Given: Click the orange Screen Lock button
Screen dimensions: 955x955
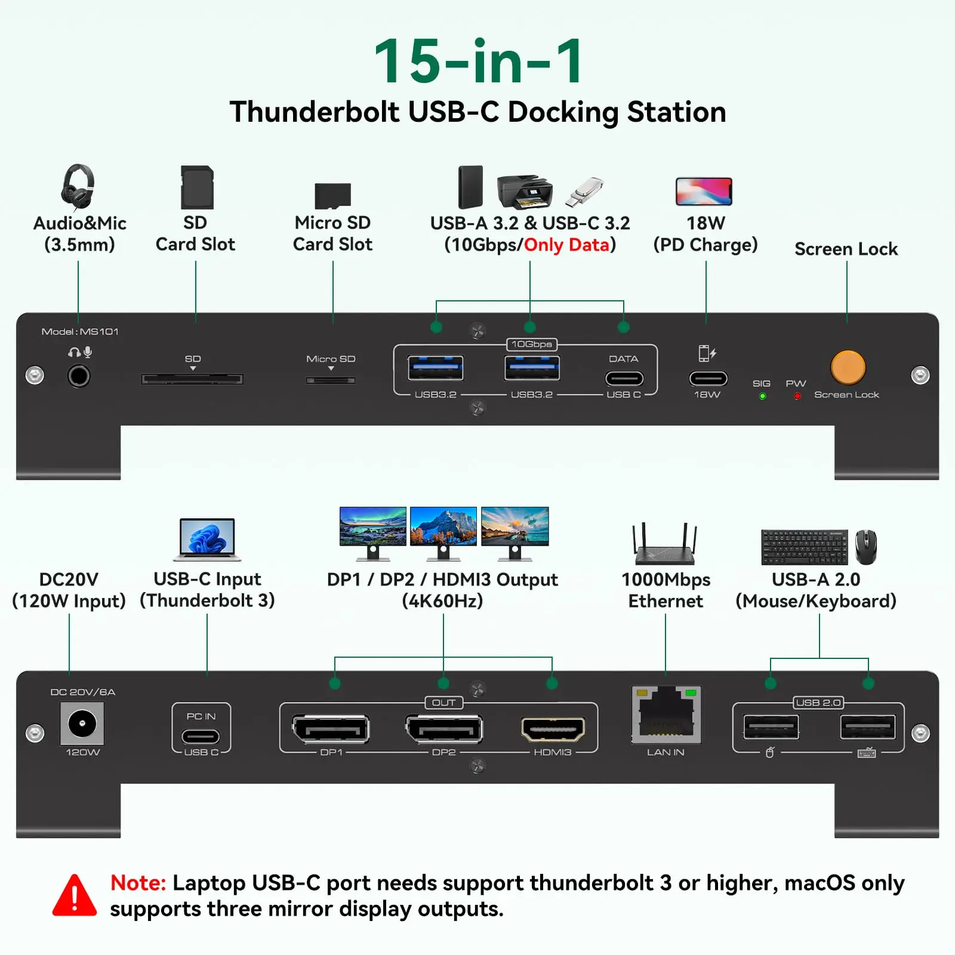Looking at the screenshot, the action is (848, 366).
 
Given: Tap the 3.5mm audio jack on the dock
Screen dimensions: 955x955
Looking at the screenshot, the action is (79, 376).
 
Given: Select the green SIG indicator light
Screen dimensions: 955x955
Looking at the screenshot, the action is (762, 396).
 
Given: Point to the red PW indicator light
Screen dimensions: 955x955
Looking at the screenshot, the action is (797, 396).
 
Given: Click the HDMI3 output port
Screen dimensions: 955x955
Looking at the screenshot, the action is (553, 729).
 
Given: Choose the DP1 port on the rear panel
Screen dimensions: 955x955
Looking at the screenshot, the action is (331, 729).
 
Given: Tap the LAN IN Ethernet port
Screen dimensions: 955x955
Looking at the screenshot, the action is (666, 714).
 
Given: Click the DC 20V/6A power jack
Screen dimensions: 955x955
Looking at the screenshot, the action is (82, 724).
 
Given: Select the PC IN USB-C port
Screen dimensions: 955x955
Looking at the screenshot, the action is (201, 737).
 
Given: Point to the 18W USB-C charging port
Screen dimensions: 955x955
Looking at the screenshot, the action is (708, 378).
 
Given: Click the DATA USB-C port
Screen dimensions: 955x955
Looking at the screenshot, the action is (624, 378).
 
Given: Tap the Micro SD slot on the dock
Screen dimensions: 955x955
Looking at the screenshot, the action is (331, 380).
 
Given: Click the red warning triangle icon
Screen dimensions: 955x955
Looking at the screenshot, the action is (75, 896).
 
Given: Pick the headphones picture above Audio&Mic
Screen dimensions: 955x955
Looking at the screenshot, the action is (78, 187).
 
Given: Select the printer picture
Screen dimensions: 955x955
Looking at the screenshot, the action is (525, 192).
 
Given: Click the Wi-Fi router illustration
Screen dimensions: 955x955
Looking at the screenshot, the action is (665, 544).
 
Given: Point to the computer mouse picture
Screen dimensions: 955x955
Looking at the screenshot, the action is (866, 547).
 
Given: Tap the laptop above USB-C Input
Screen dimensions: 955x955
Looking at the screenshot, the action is (207, 540).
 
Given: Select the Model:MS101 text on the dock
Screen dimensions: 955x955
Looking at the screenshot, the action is (80, 331).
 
